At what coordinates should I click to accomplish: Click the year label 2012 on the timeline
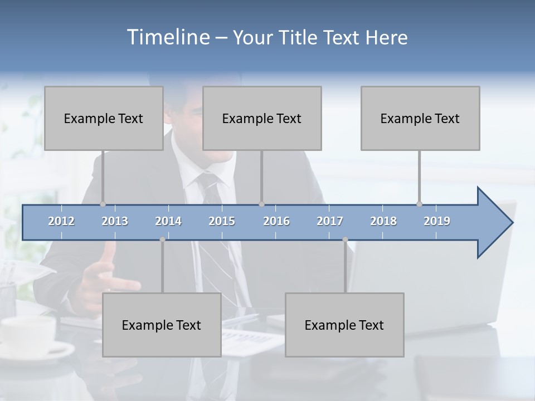pyautogui.click(x=61, y=221)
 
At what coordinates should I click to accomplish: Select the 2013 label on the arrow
pyautogui.click(x=115, y=221)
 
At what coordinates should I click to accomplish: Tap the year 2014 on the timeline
pyautogui.click(x=168, y=221)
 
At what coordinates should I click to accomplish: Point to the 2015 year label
pyautogui.click(x=222, y=221)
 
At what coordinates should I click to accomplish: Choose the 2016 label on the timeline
pyautogui.click(x=276, y=221)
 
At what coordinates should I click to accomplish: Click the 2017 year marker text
pyautogui.click(x=330, y=221)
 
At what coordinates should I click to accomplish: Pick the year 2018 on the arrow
pyautogui.click(x=383, y=221)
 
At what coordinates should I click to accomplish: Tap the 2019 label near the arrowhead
pyautogui.click(x=437, y=221)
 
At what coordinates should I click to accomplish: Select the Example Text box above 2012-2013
pyautogui.click(x=104, y=118)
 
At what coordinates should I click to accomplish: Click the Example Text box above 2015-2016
pyautogui.click(x=262, y=118)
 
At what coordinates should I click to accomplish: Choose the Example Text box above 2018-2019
pyautogui.click(x=420, y=118)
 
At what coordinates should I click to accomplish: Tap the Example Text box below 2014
pyautogui.click(x=162, y=325)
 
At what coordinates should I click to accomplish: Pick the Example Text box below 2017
pyautogui.click(x=344, y=325)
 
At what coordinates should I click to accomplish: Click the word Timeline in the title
pyautogui.click(x=168, y=37)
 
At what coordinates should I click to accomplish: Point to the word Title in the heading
pyautogui.click(x=301, y=37)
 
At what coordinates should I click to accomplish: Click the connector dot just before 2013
pyautogui.click(x=103, y=204)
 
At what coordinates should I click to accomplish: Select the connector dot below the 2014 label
pyautogui.click(x=162, y=239)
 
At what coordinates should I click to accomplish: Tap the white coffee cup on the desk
pyautogui.click(x=28, y=334)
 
